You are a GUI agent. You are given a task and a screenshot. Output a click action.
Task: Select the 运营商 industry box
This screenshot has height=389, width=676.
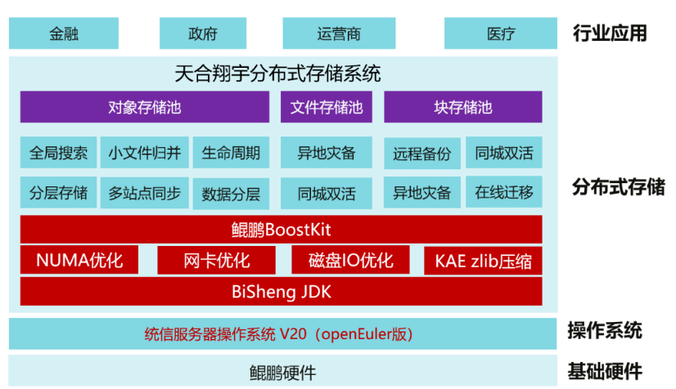[x=338, y=34]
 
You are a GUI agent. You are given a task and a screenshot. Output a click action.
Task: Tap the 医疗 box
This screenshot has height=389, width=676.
[x=500, y=34]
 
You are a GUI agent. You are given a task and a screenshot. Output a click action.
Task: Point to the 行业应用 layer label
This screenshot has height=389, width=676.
[x=610, y=34]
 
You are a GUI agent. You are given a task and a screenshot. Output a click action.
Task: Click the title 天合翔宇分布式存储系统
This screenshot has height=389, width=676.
[x=278, y=74]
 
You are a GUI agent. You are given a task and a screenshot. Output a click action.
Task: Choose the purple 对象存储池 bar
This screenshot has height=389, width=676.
[x=145, y=107]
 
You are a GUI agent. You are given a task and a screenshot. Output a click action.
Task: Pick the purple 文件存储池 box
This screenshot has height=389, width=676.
[x=327, y=107]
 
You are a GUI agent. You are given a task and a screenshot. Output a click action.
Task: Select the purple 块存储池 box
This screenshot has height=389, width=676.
[x=462, y=107]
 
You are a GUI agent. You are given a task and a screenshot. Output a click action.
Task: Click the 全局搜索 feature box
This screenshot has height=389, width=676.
[x=58, y=153]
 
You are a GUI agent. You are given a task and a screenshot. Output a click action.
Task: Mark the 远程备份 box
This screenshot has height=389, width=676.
[x=421, y=153]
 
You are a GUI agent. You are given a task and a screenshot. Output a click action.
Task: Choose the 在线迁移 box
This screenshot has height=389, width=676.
[x=503, y=193]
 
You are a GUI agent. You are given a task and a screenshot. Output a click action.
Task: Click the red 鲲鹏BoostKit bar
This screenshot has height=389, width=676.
[x=281, y=229]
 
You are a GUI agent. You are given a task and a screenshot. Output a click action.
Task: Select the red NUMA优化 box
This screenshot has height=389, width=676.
[x=79, y=260]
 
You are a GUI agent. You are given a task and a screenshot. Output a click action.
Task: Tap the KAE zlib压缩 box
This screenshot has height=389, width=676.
[x=483, y=261]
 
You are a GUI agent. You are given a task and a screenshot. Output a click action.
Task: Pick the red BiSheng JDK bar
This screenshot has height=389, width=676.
[x=281, y=291]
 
